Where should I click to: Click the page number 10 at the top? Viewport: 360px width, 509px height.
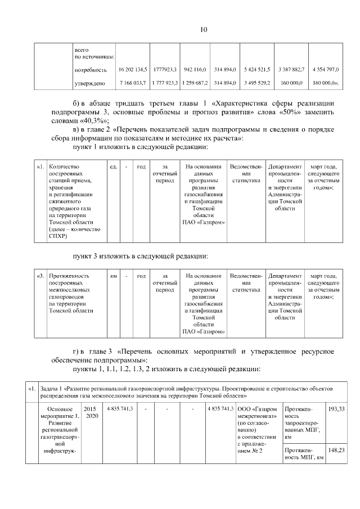tap(180, 29)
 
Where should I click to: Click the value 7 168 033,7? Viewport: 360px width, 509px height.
tap(133, 83)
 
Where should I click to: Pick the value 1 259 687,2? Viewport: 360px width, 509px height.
tap(196, 83)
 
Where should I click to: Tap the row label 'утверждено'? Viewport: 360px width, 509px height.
tap(90, 83)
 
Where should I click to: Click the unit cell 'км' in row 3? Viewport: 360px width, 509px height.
tap(114, 276)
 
